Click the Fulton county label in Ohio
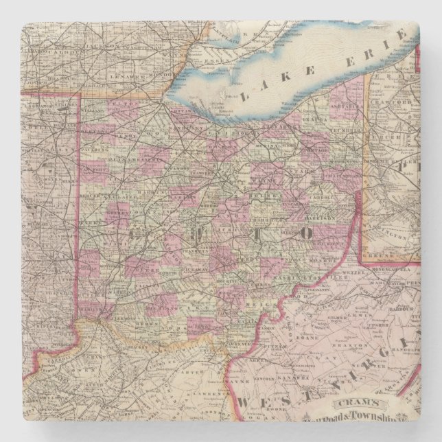click(124, 104)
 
